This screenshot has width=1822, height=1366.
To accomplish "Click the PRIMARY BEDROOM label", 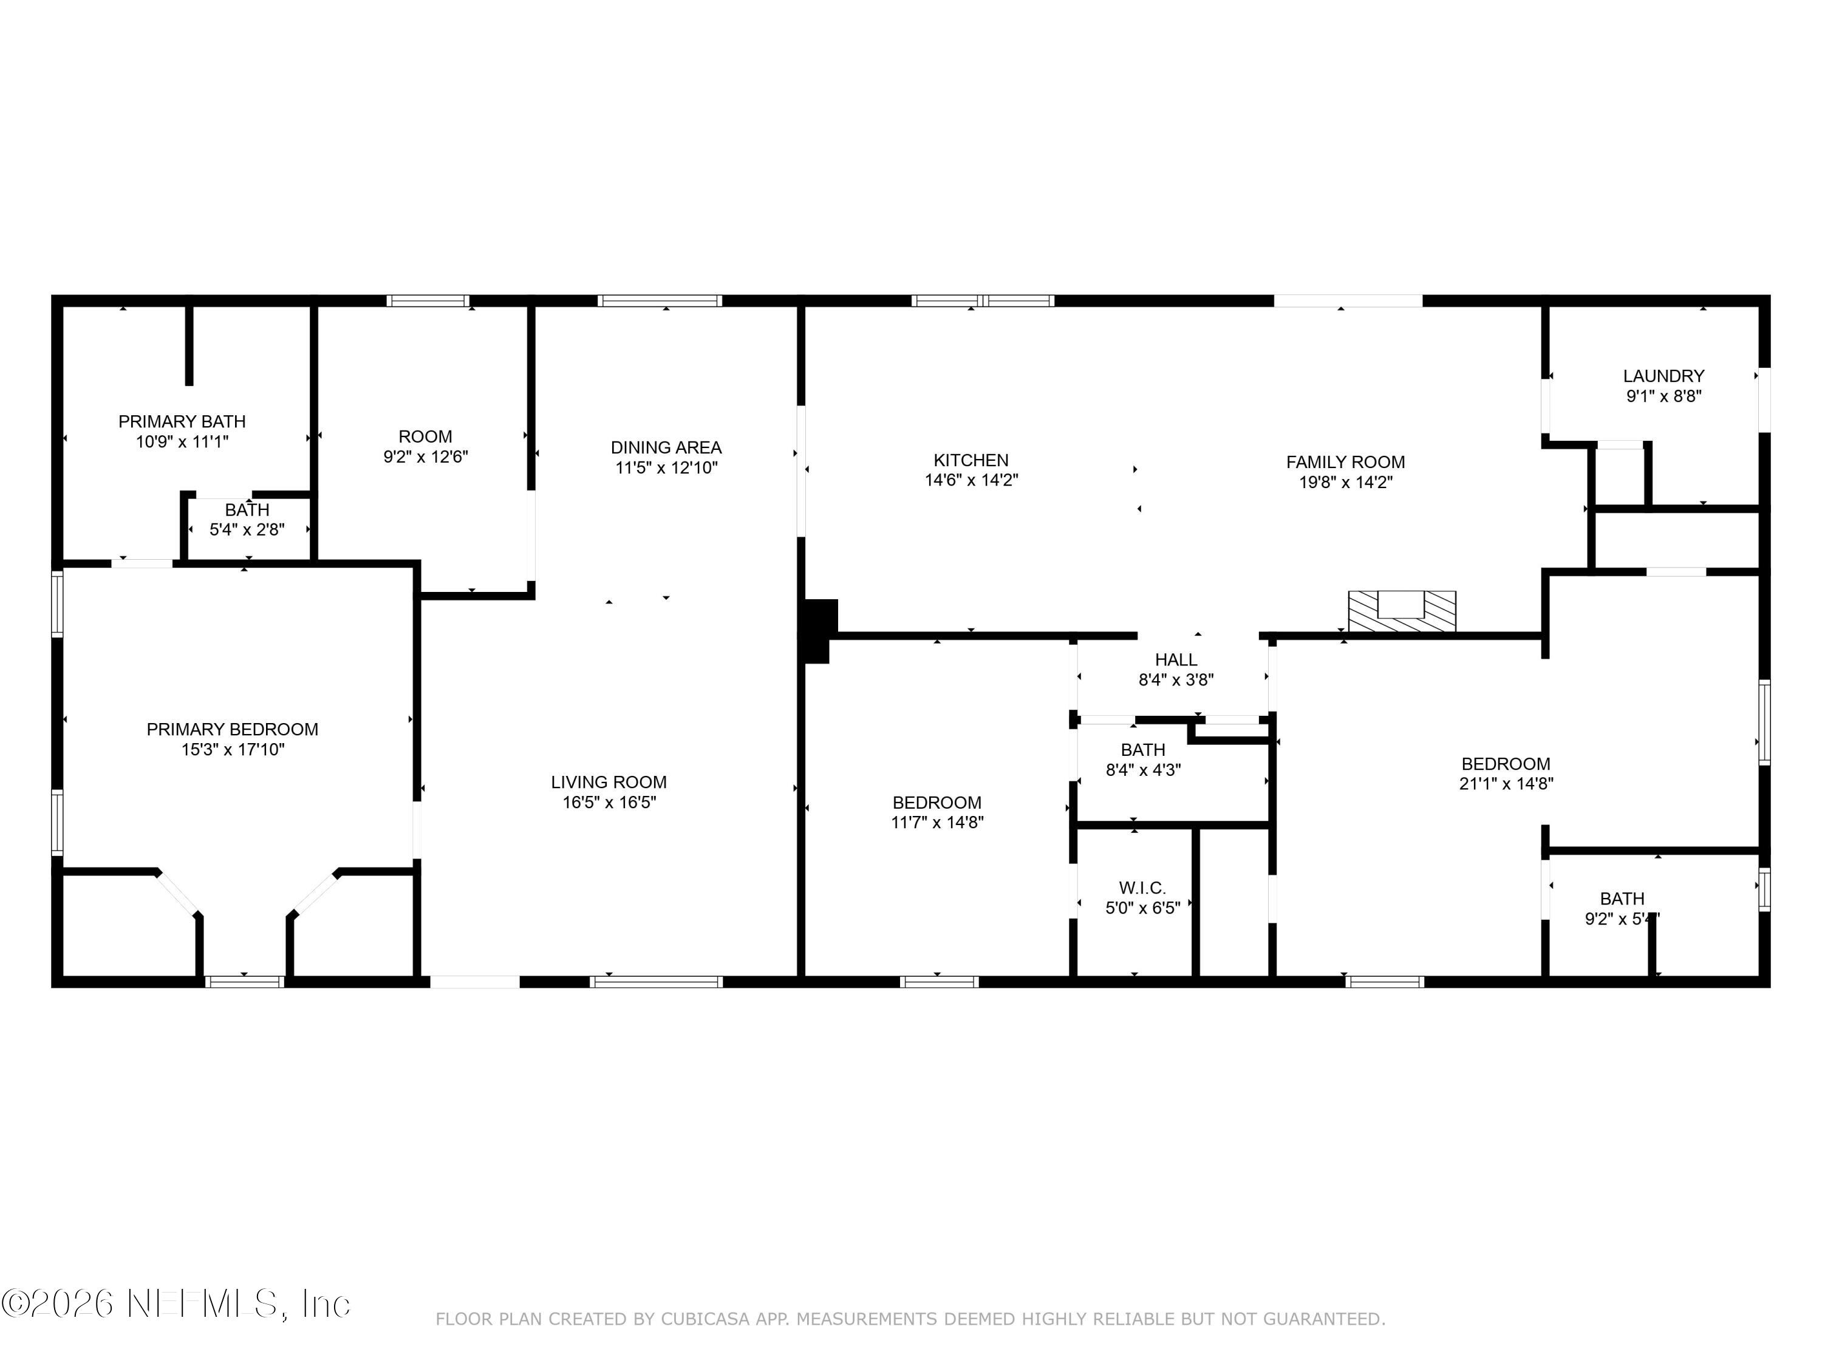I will click(x=232, y=729).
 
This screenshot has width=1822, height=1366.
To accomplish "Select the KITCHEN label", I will click(x=971, y=460).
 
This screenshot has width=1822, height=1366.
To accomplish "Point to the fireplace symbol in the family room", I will click(x=1401, y=612).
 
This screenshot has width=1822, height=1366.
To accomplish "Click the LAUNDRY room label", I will click(x=1663, y=375).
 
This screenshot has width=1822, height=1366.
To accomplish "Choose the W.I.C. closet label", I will click(x=1142, y=888).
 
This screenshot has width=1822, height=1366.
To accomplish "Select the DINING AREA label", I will click(x=666, y=447).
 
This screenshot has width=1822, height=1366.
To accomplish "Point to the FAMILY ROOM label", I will click(x=1345, y=462).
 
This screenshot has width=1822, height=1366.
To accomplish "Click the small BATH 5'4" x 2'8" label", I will click(x=247, y=511).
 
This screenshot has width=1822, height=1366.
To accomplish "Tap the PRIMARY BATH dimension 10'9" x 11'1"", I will click(x=182, y=442).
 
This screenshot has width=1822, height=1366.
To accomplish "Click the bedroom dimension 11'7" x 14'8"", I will click(x=937, y=822).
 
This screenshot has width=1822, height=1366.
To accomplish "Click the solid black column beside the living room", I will click(x=818, y=630).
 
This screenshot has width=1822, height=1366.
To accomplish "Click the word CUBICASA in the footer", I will click(x=705, y=1319).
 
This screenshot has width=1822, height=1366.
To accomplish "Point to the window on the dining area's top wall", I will click(x=660, y=301).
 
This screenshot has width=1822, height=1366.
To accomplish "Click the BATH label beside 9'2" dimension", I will click(x=1621, y=899).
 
